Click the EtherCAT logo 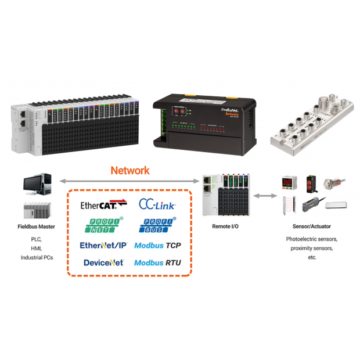pos(103,204)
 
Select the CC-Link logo pos(157,204)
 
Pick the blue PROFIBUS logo pos(157,225)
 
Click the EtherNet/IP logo pos(103,245)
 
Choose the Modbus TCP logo pos(157,246)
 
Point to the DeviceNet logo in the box pos(103,262)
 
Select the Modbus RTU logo pos(157,263)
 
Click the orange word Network pos(130,171)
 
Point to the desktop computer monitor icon pos(35,185)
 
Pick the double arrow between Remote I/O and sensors pos(265,196)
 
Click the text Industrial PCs pos(37,257)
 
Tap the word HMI pos(37,248)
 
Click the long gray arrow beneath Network pos(129,181)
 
